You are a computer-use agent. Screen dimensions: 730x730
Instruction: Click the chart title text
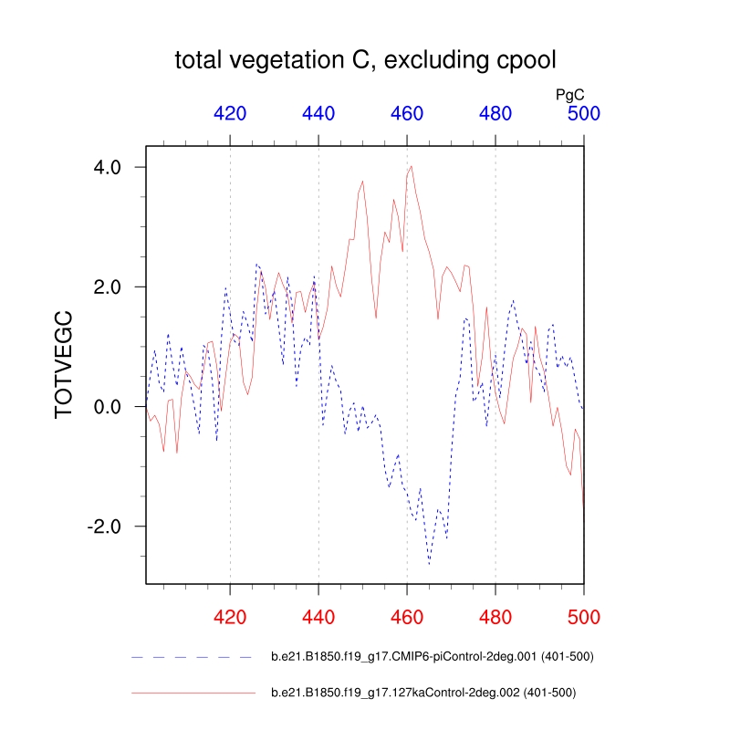pos(365,61)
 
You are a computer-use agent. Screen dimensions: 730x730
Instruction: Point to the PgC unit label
pos(570,94)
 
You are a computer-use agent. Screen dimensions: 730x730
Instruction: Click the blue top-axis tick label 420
pos(230,114)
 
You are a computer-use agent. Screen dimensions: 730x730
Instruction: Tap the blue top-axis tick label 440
pos(318,114)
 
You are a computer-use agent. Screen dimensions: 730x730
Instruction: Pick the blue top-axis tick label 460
pos(407,114)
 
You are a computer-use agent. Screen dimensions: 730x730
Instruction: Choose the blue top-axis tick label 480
pos(495,114)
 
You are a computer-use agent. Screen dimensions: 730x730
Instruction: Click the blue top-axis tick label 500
pos(584,114)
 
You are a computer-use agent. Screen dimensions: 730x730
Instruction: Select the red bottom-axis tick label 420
pos(230,617)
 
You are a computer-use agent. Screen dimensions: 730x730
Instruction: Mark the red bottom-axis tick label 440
pos(318,617)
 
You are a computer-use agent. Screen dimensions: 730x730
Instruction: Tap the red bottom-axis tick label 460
pos(407,617)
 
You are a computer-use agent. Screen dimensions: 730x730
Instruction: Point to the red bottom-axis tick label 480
pos(495,617)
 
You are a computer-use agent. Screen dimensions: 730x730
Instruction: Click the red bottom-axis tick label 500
pos(584,617)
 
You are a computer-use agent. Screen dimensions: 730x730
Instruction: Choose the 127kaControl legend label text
pos(423,693)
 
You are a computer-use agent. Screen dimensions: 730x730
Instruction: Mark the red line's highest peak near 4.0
pos(412,166)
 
